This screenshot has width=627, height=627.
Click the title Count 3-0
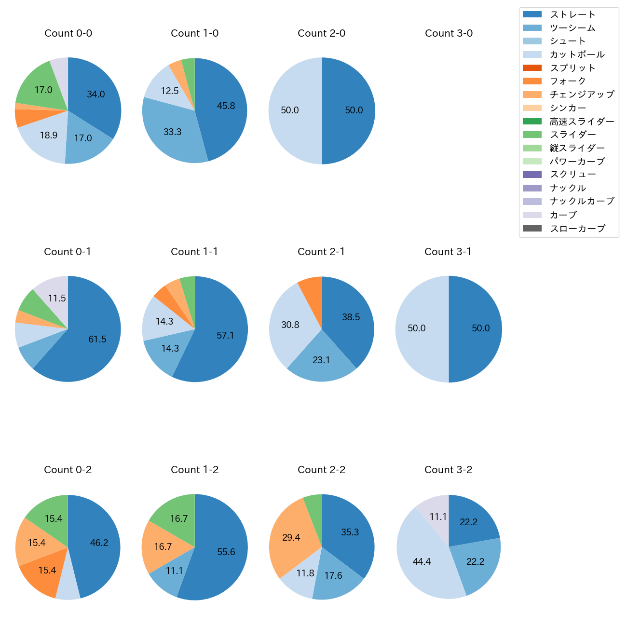click(x=449, y=33)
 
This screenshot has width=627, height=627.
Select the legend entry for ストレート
click(x=572, y=14)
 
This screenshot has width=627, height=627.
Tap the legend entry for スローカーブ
click(x=577, y=229)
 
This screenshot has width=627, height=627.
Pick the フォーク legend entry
click(x=568, y=81)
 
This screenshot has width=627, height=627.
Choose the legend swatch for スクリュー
click(x=532, y=175)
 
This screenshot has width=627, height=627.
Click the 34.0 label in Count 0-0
click(x=95, y=95)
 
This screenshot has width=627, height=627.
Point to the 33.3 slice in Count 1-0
click(x=172, y=132)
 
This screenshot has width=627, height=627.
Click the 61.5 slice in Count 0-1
click(x=97, y=340)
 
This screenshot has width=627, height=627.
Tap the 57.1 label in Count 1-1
click(x=225, y=335)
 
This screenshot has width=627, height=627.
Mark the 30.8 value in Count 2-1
click(x=290, y=325)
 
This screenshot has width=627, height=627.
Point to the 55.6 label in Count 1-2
click(x=226, y=552)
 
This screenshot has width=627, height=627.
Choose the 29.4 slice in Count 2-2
click(x=291, y=537)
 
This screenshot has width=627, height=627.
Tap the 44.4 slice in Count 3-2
click(x=422, y=561)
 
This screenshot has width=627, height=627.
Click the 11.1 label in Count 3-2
click(x=438, y=517)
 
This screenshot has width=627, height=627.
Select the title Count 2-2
click(x=321, y=470)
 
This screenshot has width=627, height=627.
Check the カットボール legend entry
click(x=577, y=55)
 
